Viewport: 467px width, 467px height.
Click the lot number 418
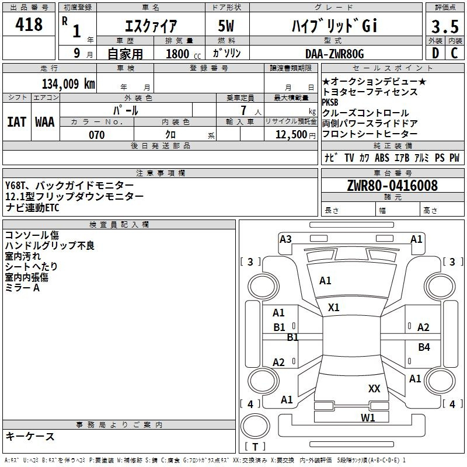pyautogui.click(x=30, y=25)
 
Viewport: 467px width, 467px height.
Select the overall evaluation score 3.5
pyautogui.click(x=445, y=27)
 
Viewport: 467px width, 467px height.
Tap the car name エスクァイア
pyautogui.click(x=151, y=26)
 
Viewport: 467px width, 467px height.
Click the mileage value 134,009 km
pyautogui.click(x=68, y=83)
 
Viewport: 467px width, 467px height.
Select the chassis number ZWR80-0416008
pyautogui.click(x=392, y=186)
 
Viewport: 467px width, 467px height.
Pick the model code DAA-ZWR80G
pyautogui.click(x=334, y=54)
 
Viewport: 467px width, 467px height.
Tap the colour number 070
pyautogui.click(x=97, y=135)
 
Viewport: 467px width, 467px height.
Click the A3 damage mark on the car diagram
pyautogui.click(x=285, y=239)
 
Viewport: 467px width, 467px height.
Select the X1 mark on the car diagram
pyautogui.click(x=334, y=308)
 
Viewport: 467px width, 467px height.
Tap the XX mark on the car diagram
pyautogui.click(x=374, y=389)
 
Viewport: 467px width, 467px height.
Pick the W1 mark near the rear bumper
pyautogui.click(x=368, y=417)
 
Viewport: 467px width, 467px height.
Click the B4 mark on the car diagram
pyautogui.click(x=424, y=347)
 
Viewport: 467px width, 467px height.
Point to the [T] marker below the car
pyautogui.click(x=255, y=447)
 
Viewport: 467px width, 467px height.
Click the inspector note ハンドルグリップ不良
pyautogui.click(x=49, y=246)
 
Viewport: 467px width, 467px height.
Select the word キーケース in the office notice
pyautogui.click(x=30, y=437)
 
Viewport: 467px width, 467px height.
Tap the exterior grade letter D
pyautogui.click(x=435, y=54)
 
